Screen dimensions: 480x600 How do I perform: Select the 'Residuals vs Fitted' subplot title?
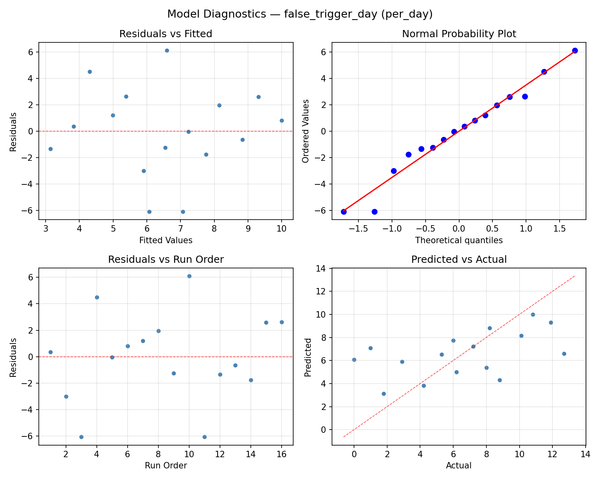point(166,34)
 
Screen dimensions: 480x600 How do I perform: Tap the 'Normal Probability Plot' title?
point(459,34)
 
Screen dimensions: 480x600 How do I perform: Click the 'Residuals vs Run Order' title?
point(166,260)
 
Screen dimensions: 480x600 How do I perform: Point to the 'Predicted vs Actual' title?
point(459,260)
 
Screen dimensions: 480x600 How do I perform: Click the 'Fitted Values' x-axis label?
point(166,240)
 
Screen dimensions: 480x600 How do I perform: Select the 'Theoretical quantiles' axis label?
point(459,240)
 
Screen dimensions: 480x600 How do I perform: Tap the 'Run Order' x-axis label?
point(166,466)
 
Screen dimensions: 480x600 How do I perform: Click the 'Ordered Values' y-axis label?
point(306,131)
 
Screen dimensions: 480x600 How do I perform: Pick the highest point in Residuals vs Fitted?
point(167,50)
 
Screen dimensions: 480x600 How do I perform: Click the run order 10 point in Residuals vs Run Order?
point(189,276)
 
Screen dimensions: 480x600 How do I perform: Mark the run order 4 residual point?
point(97,297)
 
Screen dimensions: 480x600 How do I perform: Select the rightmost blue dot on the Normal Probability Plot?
point(575,50)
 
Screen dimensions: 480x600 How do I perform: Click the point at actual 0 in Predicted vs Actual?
point(354,360)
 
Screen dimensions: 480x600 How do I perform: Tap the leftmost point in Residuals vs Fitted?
point(50,149)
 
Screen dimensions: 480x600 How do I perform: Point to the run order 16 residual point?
point(282,322)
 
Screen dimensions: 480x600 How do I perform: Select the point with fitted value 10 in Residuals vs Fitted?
point(282,120)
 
